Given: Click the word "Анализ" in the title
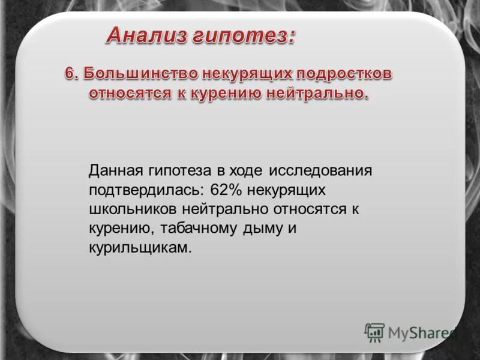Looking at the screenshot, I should tap(146, 36).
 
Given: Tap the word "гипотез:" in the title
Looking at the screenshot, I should tap(244, 36).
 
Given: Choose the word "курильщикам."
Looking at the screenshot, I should tap(140, 248).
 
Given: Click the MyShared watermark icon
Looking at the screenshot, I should tap(375, 331).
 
